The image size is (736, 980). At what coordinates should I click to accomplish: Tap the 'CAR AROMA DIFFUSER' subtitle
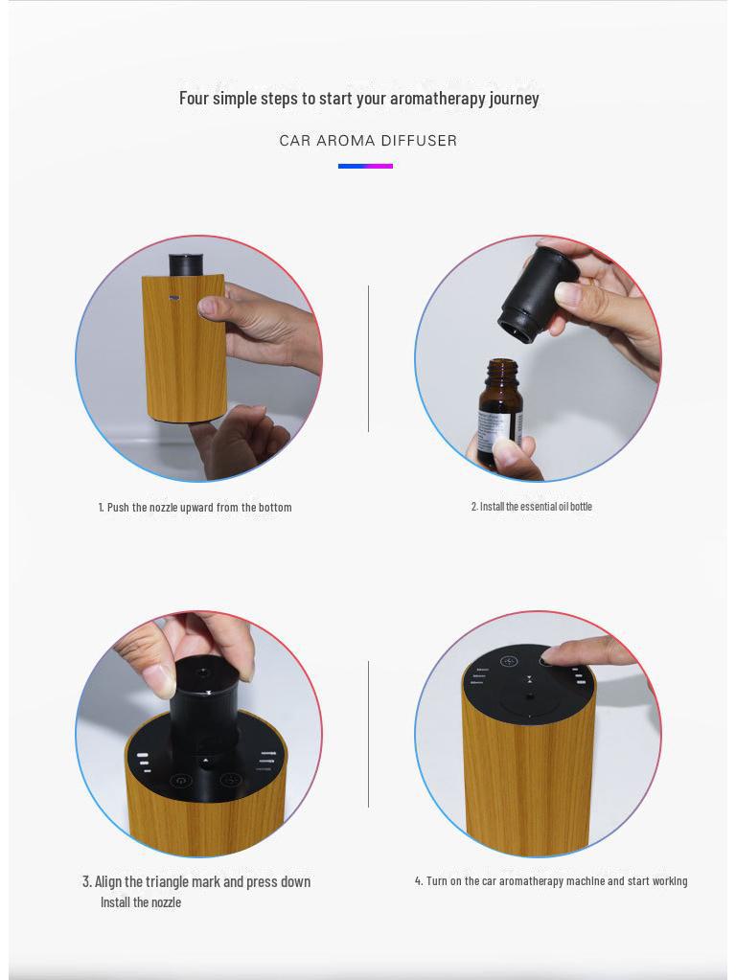click(x=368, y=141)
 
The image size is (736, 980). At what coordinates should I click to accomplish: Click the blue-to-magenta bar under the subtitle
click(x=365, y=166)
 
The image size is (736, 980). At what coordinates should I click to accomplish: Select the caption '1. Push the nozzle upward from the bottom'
click(x=195, y=507)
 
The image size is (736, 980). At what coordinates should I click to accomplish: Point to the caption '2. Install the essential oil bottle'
click(x=531, y=506)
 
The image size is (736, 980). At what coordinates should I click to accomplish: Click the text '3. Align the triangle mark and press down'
click(x=195, y=881)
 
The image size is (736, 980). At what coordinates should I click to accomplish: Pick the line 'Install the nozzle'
click(x=141, y=902)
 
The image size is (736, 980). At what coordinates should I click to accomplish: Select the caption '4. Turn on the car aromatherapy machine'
click(x=550, y=880)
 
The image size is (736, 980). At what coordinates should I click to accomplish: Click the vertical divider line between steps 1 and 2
click(x=368, y=358)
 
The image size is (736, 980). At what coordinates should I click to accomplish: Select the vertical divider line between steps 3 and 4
click(x=368, y=734)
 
